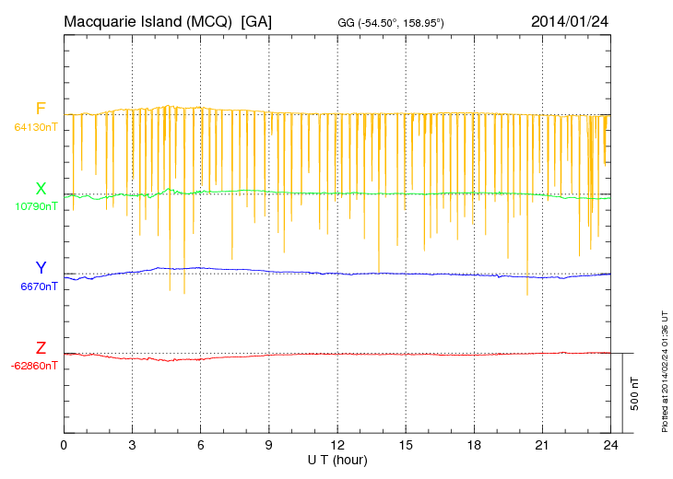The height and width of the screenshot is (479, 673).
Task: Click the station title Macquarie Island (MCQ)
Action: tap(148, 20)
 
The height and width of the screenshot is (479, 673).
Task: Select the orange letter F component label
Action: tap(41, 109)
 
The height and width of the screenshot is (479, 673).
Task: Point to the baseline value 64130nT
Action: tap(35, 127)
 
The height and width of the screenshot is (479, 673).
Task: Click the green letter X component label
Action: tap(41, 188)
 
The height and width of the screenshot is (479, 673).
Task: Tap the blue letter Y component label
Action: tap(41, 268)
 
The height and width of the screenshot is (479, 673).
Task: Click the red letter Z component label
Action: tap(41, 348)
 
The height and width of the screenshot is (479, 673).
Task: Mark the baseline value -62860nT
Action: tap(35, 366)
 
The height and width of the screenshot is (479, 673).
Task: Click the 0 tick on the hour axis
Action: tap(64, 445)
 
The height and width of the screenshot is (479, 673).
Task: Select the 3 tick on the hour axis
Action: tap(132, 445)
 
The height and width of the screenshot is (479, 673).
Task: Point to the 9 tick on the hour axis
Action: tap(268, 445)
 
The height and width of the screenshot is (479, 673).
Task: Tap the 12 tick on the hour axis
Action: tap(337, 445)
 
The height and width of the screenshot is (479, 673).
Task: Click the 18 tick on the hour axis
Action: tap(474, 445)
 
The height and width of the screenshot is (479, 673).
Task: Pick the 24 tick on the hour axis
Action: tap(610, 445)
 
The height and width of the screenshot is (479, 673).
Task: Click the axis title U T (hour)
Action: tap(337, 459)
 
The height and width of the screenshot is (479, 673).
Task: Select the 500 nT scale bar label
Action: tap(634, 393)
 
